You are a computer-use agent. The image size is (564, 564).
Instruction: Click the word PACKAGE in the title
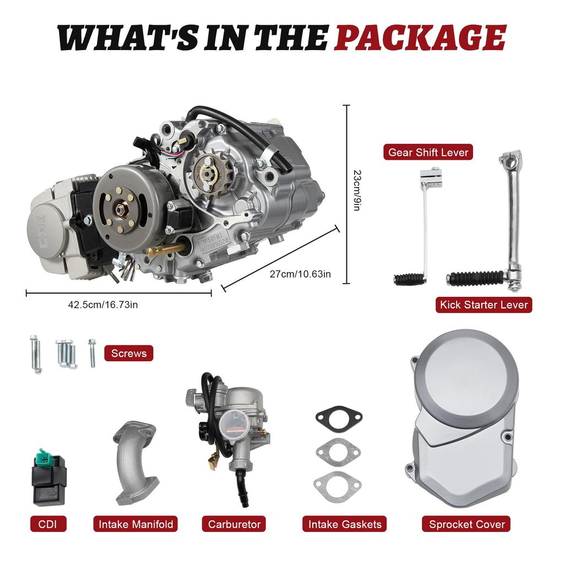(420, 39)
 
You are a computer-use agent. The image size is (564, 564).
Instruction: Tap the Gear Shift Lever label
(428, 152)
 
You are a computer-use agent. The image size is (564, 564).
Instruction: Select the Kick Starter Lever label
(484, 305)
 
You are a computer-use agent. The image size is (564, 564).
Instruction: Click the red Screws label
(129, 353)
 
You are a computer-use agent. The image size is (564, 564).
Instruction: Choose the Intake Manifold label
(135, 524)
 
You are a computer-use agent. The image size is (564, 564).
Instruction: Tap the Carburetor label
(234, 524)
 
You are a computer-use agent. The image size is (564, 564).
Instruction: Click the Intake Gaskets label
(344, 524)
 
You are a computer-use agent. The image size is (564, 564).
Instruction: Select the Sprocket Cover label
(466, 524)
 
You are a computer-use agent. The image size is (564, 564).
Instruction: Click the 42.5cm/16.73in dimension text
(103, 304)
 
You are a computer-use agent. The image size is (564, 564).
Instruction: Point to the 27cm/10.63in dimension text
(300, 274)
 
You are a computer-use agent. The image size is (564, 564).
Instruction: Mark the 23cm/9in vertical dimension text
(357, 191)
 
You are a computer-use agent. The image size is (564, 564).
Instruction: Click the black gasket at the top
(339, 416)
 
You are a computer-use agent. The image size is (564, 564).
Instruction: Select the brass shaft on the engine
(165, 250)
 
